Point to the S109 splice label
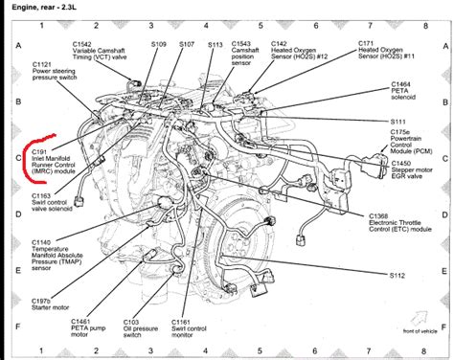tap(160, 44)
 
